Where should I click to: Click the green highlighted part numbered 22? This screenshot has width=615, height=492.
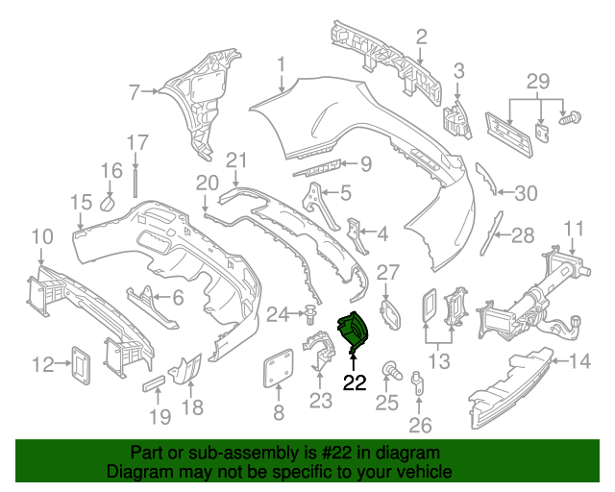point(353,330)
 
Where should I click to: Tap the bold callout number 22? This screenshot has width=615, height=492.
point(355,382)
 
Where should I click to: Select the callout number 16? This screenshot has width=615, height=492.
point(111,171)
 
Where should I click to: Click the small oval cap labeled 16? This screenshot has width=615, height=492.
point(107,204)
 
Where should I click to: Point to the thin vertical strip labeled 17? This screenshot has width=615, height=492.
point(135,184)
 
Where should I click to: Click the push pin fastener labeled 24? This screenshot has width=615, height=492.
point(309,314)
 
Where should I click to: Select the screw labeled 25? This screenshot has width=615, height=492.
point(391,370)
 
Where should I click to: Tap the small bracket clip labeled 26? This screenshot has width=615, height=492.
point(417,382)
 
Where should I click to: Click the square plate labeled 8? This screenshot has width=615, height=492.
point(279,367)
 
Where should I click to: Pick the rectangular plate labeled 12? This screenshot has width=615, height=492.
point(81,365)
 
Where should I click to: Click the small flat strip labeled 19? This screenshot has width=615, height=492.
point(154,383)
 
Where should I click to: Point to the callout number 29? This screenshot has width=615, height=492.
point(538,82)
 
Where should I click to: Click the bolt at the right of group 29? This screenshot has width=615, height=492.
point(570,117)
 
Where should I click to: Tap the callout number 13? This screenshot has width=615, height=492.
point(438,361)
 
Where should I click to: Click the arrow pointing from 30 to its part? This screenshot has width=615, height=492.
point(504,192)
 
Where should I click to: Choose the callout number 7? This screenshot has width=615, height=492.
point(135,92)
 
